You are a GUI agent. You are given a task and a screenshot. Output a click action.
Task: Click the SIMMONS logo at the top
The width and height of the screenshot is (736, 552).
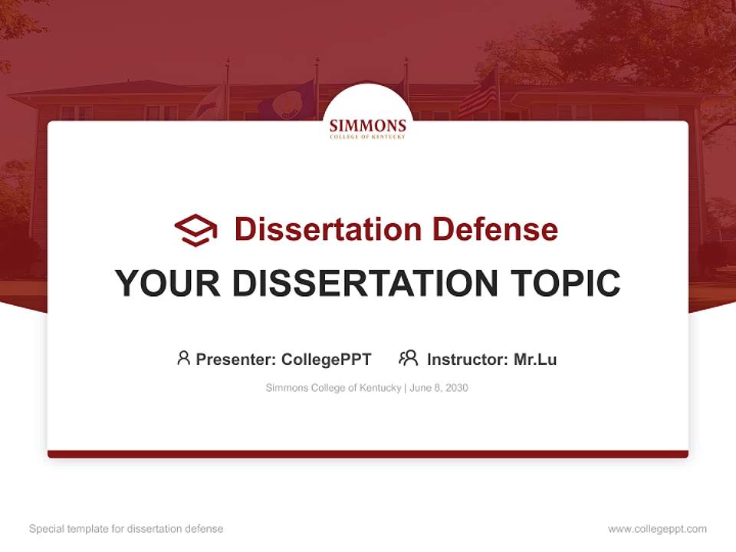point(368,127)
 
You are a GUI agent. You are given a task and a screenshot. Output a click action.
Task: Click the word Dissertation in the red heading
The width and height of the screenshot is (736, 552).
point(327,229)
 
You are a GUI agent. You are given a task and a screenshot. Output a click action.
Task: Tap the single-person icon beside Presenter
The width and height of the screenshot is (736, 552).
point(183,358)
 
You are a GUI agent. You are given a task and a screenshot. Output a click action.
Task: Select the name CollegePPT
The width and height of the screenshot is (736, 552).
point(326,359)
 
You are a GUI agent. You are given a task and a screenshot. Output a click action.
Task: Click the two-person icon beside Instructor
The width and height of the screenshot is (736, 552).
point(408,358)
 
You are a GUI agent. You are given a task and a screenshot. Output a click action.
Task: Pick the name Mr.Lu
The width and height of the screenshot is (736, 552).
point(535,359)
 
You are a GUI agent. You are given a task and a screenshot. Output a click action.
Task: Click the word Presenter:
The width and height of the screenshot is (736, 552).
point(236,359)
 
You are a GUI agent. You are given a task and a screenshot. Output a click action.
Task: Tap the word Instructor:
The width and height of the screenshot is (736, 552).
point(468,359)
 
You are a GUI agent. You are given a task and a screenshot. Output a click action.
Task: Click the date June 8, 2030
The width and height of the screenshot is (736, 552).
point(439,388)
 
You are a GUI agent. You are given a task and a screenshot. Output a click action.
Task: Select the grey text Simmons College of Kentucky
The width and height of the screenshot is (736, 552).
point(333,388)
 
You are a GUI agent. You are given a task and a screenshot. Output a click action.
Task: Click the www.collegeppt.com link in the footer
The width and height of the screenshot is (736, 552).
point(657,529)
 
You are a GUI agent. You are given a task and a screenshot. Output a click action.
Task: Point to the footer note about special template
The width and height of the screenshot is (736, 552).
point(126,529)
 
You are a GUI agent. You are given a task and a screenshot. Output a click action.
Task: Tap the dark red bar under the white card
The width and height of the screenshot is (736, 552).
point(368,454)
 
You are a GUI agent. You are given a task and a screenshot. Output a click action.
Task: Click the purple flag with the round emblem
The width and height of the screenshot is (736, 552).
point(287,100)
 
